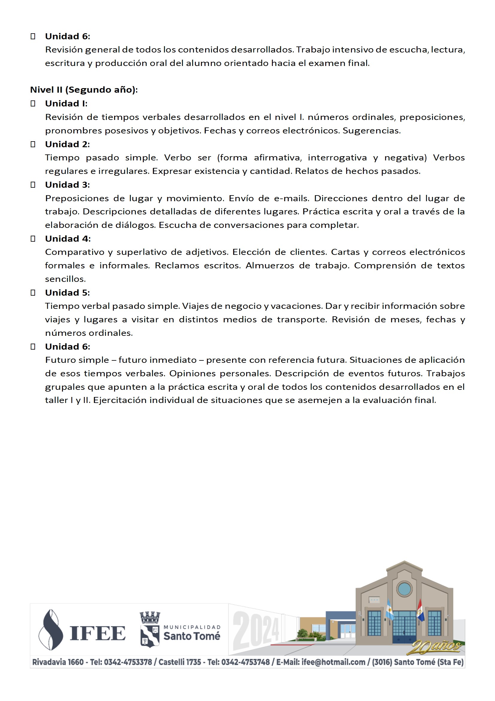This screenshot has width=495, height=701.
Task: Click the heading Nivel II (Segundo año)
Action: [84, 90]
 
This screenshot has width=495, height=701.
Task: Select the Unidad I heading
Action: [66, 103]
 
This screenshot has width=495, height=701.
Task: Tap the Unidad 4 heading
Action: [68, 238]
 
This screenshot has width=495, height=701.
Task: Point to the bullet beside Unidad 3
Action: [33, 185]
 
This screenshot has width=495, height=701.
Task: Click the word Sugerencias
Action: [372, 131]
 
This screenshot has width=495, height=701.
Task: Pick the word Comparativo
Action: [73, 252]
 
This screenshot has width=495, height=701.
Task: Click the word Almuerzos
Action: [270, 266]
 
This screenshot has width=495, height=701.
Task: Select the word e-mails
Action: [291, 198]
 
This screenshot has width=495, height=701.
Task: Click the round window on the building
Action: [405, 588]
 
